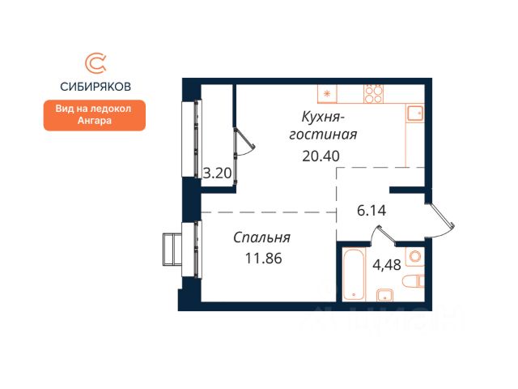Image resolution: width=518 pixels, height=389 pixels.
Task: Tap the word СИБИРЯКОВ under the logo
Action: [x=96, y=87]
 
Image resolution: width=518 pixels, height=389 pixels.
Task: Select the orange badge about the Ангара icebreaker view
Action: [x=95, y=115]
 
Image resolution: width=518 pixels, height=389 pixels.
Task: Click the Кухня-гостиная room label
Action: [x=323, y=126]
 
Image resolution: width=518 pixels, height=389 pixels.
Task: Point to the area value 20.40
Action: [x=321, y=156]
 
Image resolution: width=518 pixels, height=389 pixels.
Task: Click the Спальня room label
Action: [x=261, y=237]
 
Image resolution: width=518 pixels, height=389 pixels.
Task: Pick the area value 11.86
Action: [x=263, y=258]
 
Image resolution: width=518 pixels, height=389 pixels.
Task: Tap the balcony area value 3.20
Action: [x=217, y=173]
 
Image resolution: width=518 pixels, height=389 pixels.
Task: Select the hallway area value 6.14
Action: [x=372, y=211]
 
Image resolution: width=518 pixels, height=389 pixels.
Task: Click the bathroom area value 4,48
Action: [x=387, y=265]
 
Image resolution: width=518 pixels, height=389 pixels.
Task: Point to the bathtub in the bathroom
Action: [x=354, y=274]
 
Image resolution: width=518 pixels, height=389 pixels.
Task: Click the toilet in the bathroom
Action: [x=414, y=281]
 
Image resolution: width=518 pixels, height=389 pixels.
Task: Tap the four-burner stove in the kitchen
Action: [x=374, y=94]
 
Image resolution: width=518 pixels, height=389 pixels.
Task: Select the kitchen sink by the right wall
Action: [x=415, y=113]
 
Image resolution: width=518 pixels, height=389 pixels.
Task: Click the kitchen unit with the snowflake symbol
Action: [x=327, y=94]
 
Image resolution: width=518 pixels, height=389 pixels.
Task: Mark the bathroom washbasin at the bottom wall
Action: [x=385, y=295]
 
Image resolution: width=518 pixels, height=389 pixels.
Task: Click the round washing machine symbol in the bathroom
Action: [x=414, y=256]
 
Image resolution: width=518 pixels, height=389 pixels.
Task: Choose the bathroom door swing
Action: [x=382, y=234]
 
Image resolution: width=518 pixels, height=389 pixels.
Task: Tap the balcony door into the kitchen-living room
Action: [x=244, y=143]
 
